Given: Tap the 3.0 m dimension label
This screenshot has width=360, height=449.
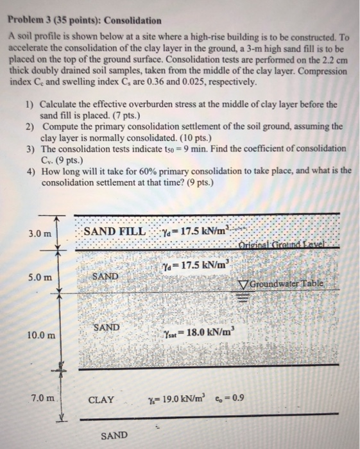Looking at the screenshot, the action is coord(40,234).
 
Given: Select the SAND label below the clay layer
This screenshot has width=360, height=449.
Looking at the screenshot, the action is coord(114,436).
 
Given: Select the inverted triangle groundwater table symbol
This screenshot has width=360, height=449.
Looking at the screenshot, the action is coord(242,284).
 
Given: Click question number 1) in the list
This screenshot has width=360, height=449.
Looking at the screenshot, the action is coord(30,104).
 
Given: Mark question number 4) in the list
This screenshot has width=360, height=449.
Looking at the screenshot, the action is coord(30,170).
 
